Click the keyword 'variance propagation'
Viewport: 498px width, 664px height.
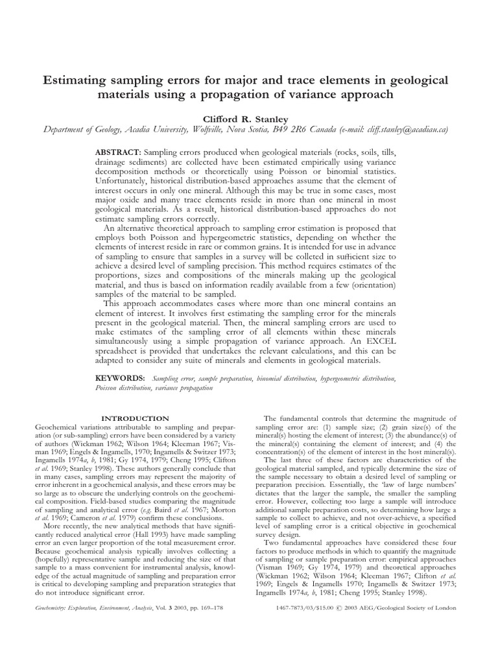(184, 387)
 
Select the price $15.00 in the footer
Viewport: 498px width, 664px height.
(350, 608)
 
